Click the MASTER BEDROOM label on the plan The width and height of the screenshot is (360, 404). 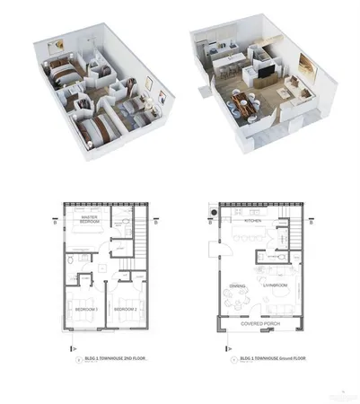(89, 219)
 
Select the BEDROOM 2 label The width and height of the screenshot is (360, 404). (124, 308)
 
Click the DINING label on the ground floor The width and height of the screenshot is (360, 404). (238, 286)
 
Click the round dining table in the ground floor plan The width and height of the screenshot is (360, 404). (239, 303)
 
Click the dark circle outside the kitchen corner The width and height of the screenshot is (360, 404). (213, 212)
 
